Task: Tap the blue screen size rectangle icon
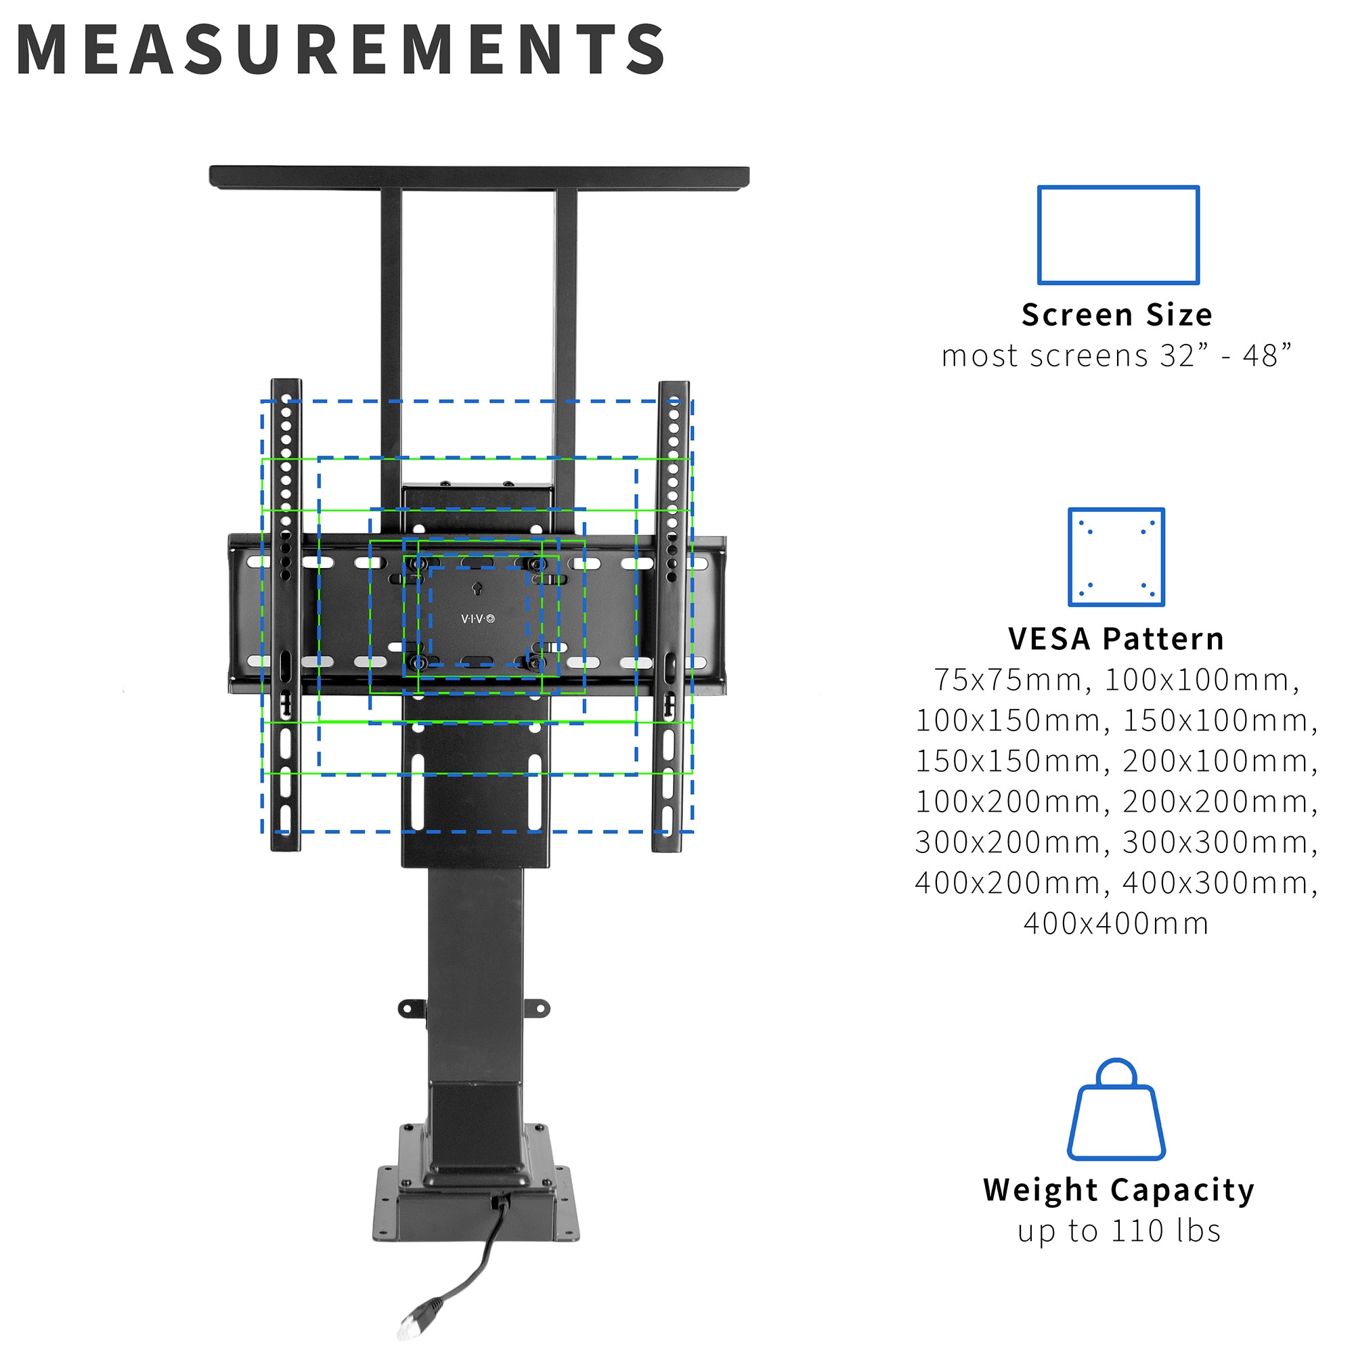(1118, 235)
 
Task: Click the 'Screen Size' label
(1116, 315)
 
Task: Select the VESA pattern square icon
(1116, 557)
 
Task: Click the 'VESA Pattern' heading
(1116, 638)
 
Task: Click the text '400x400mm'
(1116, 923)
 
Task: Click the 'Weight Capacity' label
(1118, 1192)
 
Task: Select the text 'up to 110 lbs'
(1118, 1231)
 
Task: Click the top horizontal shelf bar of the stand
(479, 177)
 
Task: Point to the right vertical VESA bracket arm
(672, 617)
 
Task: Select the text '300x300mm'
(1219, 842)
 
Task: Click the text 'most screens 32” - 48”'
(1116, 356)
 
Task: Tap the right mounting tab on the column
(537, 1009)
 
